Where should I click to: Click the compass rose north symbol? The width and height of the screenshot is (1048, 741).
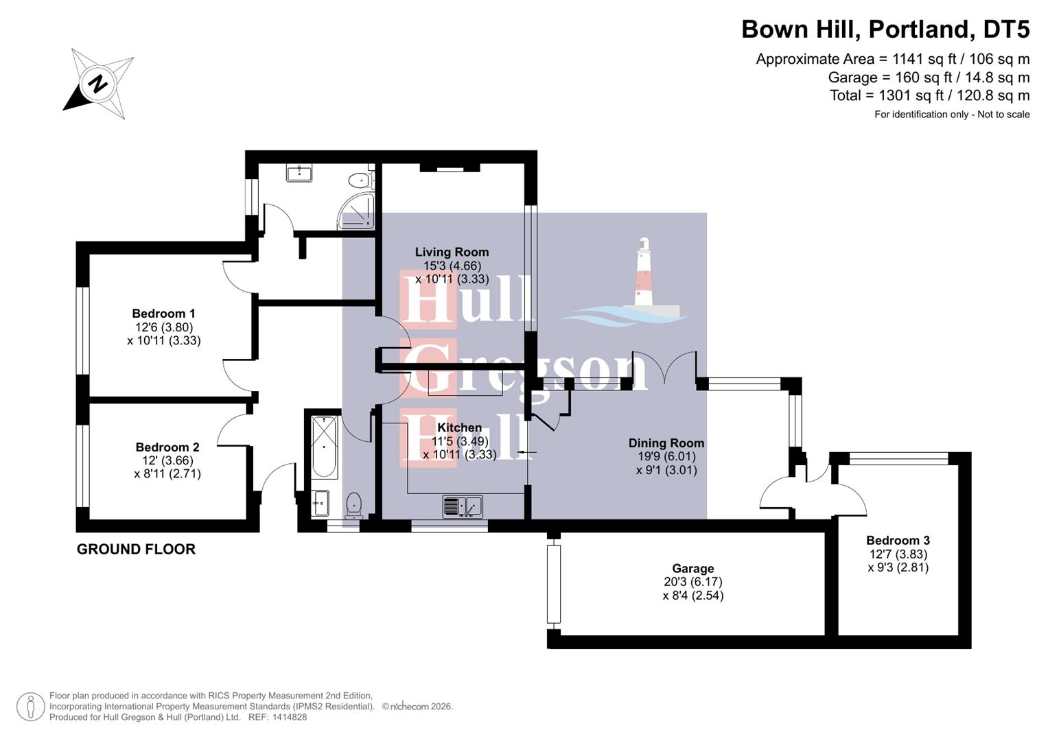(x=98, y=84)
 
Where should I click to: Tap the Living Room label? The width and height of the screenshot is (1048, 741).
(x=452, y=252)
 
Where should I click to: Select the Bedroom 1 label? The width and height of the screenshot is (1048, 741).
(x=163, y=314)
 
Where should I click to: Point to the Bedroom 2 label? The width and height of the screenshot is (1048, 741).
(x=167, y=447)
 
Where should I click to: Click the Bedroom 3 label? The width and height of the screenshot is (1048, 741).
(x=898, y=541)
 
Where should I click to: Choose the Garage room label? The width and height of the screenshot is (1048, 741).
(x=692, y=569)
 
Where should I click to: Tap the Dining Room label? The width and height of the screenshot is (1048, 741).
(x=666, y=443)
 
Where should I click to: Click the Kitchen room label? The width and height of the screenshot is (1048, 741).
(x=459, y=428)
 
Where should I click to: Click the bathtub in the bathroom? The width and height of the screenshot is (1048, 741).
(x=325, y=447)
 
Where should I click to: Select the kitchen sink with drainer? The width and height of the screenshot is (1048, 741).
(x=463, y=506)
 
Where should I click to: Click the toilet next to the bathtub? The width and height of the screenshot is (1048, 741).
(x=353, y=504)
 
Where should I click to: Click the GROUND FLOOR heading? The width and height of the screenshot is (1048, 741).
(x=136, y=549)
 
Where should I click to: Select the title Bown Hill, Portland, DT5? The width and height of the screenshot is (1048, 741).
(x=885, y=30)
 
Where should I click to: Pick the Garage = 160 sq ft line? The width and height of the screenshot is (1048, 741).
(x=929, y=78)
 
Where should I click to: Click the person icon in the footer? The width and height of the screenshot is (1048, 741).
(x=31, y=707)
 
